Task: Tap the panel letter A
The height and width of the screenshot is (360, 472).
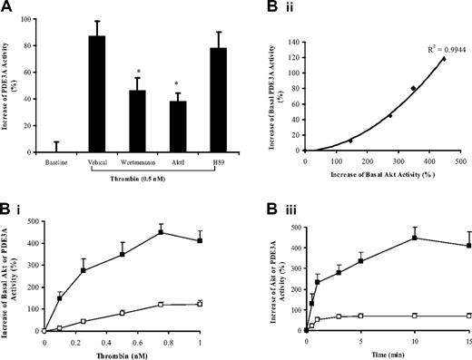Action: (7, 9)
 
